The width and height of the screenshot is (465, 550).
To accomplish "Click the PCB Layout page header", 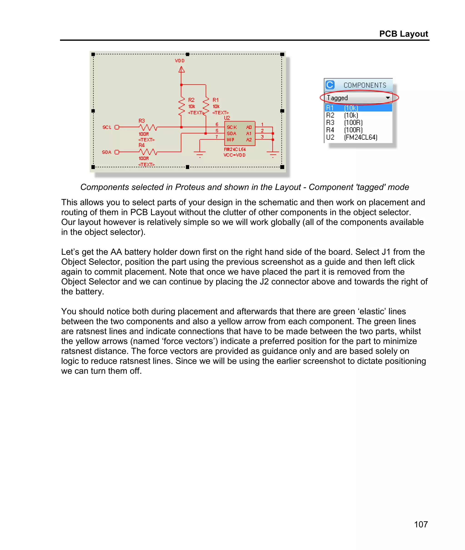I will coord(403,34).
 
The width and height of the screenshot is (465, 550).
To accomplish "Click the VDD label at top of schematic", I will coord(180,61).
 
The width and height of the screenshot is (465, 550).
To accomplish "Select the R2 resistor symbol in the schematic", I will coord(181,106).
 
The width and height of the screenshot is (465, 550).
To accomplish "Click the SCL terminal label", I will coord(107,127).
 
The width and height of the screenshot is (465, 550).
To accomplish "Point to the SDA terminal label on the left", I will coord(106,152).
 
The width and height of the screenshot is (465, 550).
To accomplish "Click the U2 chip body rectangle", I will coord(240,134).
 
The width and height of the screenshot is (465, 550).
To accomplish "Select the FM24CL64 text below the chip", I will coord(235,149).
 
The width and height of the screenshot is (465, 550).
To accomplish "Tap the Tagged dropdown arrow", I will coord(388,98).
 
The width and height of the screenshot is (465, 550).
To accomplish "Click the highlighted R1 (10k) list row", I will coord(358,108).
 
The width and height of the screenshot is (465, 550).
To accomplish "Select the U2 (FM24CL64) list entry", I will coord(352,137).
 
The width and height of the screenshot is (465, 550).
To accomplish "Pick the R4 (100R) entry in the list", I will coord(344,130).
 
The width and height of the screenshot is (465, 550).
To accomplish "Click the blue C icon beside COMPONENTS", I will coord(330,85).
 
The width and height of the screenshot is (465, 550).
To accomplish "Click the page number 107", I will coord(421,524).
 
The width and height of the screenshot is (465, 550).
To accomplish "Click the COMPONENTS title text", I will coord(365,85).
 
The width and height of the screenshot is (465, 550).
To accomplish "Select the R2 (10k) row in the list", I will coord(342,115).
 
